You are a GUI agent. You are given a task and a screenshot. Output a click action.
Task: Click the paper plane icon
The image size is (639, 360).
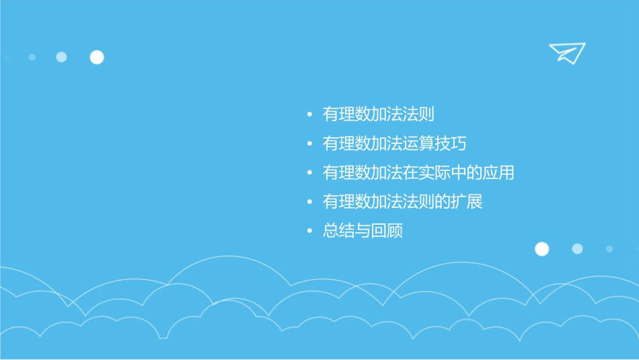[x=566, y=52]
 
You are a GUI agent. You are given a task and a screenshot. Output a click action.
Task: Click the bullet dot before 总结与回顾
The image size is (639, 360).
[x=309, y=231]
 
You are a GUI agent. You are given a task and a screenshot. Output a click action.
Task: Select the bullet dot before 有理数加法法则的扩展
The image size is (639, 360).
[x=309, y=203]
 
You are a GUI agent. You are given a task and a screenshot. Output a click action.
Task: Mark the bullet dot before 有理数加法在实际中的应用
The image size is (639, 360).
[x=309, y=174]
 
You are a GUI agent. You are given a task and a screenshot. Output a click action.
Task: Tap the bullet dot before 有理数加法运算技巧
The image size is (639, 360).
[x=309, y=145]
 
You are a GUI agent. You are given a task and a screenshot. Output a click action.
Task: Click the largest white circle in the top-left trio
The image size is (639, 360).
[x=97, y=57]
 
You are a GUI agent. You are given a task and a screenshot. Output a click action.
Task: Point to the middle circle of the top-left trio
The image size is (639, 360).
[x=61, y=57]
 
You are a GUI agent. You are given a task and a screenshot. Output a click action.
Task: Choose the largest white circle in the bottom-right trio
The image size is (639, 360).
[x=541, y=249]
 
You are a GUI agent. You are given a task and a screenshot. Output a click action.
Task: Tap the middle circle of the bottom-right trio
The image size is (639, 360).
[x=577, y=249]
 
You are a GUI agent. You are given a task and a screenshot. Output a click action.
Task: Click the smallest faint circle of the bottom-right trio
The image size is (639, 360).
[x=609, y=249]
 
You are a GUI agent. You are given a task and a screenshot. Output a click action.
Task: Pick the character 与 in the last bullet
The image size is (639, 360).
[x=363, y=231]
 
